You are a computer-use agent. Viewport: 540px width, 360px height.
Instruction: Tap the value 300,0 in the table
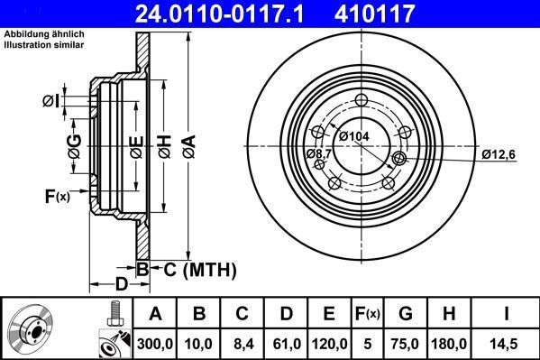coord(154,343)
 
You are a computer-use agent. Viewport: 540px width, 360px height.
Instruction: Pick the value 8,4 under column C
coord(242,343)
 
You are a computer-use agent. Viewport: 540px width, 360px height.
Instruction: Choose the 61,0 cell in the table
coord(286,343)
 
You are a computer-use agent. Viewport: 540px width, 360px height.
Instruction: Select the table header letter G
coord(406,314)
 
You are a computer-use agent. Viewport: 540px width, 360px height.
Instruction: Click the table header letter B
coord(198,314)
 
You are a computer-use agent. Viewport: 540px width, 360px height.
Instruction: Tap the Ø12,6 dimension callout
coord(497,153)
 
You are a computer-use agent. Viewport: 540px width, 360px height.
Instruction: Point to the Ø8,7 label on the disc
coord(320,155)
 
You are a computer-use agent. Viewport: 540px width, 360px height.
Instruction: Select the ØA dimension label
coord(188,142)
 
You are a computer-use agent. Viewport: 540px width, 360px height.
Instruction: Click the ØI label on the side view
coord(52,101)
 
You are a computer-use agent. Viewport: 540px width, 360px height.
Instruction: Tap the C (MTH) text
coord(194,268)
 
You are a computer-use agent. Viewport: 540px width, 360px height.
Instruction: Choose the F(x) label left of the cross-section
coord(56,196)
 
